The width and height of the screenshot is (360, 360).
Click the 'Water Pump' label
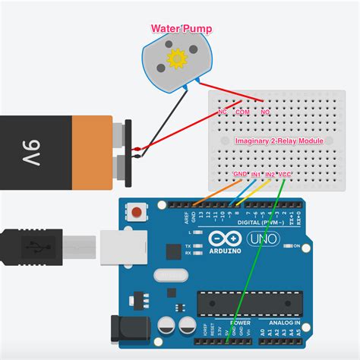click(181, 30)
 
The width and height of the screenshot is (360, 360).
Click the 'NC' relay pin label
click(222, 112)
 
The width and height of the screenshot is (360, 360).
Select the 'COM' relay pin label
click(242, 112)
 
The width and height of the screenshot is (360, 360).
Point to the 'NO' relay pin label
click(265, 112)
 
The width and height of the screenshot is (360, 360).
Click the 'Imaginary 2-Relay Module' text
click(279, 142)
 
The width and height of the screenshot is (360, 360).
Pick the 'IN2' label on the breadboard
click(270, 175)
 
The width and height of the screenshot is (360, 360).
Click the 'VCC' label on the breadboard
click(286, 175)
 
